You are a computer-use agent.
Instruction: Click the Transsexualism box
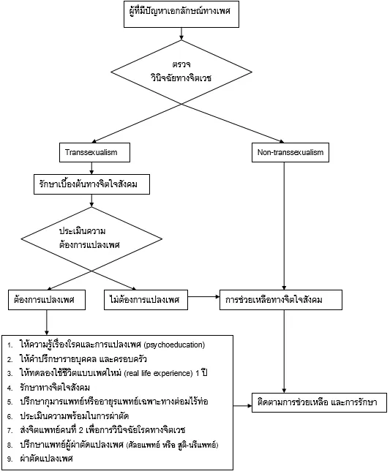click(x=94, y=152)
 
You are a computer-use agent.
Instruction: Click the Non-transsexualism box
click(x=290, y=152)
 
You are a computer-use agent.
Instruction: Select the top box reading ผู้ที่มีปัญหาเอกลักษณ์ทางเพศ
click(x=181, y=14)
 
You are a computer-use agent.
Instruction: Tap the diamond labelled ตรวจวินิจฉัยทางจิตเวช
click(x=181, y=72)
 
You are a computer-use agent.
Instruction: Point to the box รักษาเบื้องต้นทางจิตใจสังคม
click(x=91, y=184)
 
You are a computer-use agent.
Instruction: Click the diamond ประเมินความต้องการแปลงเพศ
click(x=91, y=238)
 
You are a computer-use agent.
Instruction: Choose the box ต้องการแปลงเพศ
click(x=47, y=300)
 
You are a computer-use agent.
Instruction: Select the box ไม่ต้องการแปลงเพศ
click(x=146, y=300)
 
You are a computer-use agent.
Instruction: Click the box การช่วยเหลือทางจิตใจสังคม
click(x=281, y=300)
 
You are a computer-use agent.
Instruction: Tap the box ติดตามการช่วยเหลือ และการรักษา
click(x=319, y=402)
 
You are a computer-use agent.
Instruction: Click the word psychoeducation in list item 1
click(x=174, y=345)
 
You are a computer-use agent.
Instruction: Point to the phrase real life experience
click(x=159, y=373)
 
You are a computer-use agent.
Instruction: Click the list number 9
click(x=10, y=459)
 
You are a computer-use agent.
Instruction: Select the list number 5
click(x=10, y=402)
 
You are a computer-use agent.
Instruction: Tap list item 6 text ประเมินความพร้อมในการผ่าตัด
click(x=75, y=416)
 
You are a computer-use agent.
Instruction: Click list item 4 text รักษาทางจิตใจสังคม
click(x=55, y=388)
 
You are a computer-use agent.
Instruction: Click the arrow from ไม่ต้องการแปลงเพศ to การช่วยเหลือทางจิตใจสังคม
click(x=203, y=297)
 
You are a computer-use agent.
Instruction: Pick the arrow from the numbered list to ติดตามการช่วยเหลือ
click(x=242, y=406)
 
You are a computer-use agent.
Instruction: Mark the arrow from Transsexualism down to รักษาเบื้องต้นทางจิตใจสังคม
click(x=91, y=168)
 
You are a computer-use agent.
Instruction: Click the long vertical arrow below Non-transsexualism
click(x=284, y=226)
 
